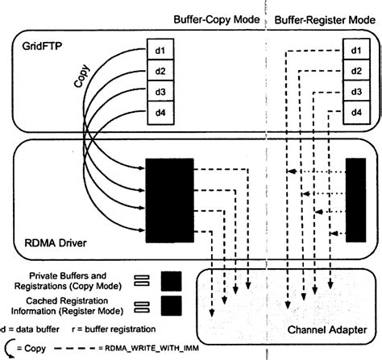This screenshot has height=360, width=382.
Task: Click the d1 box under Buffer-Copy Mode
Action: tap(160, 52)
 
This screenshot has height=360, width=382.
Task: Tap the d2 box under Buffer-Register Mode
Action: tap(355, 71)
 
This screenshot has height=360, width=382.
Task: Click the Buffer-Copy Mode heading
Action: tap(215, 19)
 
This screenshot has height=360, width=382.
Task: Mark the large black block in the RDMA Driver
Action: tap(169, 201)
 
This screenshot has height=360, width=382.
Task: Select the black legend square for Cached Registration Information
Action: tap(172, 306)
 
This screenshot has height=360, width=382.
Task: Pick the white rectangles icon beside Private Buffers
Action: tap(140, 279)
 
